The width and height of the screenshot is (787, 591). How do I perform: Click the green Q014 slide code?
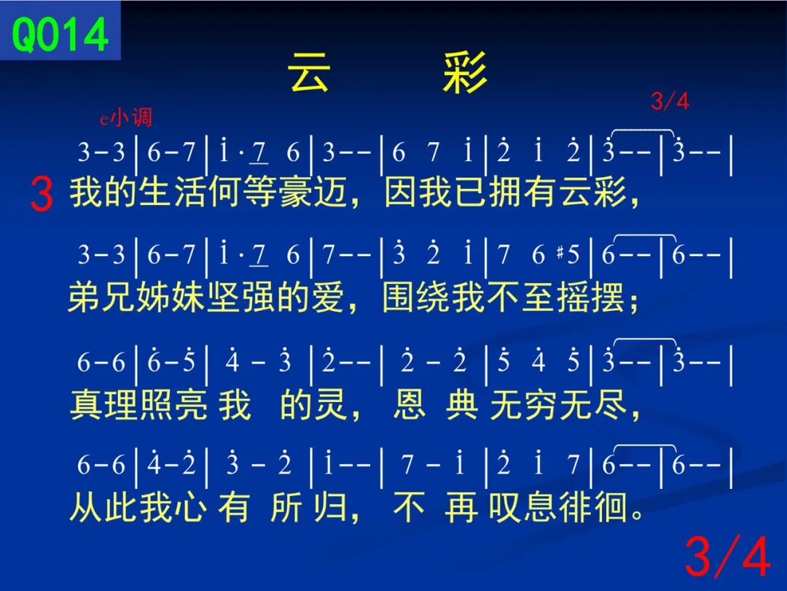tap(60, 34)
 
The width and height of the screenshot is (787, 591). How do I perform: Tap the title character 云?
tap(309, 72)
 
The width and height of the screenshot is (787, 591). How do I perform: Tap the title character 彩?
tap(465, 72)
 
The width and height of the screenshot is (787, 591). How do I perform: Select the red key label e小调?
tap(125, 117)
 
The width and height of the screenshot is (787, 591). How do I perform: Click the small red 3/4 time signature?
tap(670, 101)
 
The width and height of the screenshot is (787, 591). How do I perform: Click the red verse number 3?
tap(41, 194)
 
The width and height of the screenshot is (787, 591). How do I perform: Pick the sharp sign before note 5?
tap(560, 252)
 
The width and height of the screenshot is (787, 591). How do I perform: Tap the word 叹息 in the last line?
tap(523, 507)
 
